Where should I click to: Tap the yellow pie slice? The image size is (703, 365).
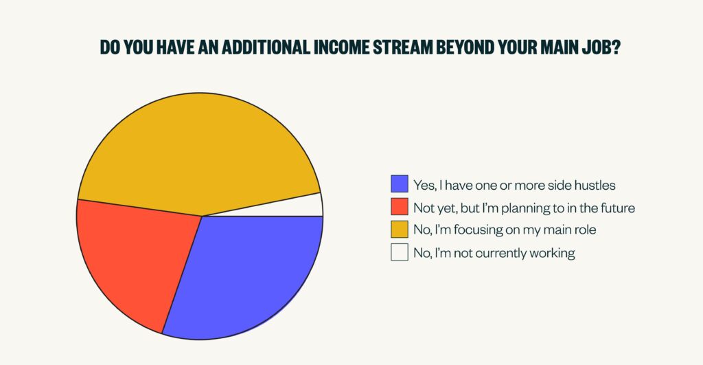197,153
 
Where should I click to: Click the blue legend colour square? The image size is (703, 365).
400,184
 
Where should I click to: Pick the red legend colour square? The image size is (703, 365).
400,206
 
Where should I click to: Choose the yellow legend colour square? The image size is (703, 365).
400,229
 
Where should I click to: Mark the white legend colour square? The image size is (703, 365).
400,252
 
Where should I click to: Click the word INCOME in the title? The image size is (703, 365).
342,47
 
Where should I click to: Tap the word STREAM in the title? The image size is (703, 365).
402,47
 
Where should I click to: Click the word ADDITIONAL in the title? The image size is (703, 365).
266,47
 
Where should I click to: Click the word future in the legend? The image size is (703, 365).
618,208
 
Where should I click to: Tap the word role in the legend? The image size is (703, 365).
586,230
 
